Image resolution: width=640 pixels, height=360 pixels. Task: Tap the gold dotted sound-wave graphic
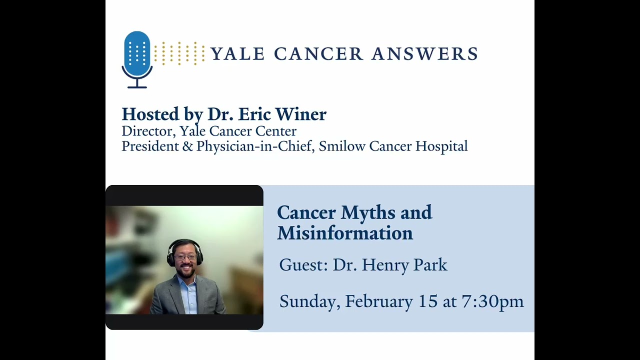pyautogui.click(x=179, y=53)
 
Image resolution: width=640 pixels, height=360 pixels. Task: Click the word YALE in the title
pyautogui.click(x=237, y=53)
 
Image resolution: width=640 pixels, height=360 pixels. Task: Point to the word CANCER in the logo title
pyautogui.click(x=318, y=53)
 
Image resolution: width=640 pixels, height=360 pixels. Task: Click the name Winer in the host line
pyautogui.click(x=300, y=114)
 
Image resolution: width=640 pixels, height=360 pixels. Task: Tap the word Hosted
pyautogui.click(x=150, y=114)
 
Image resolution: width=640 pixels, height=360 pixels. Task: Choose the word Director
pyautogui.click(x=147, y=131)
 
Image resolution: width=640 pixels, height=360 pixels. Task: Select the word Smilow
pyautogui.click(x=342, y=146)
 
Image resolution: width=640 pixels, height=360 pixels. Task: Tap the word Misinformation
pyautogui.click(x=345, y=233)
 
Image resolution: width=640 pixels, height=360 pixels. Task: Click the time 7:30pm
pyautogui.click(x=492, y=301)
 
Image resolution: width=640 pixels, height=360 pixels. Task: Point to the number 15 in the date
pyautogui.click(x=428, y=301)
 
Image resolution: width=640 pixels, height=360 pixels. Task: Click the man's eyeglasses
pyautogui.click(x=184, y=257)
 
